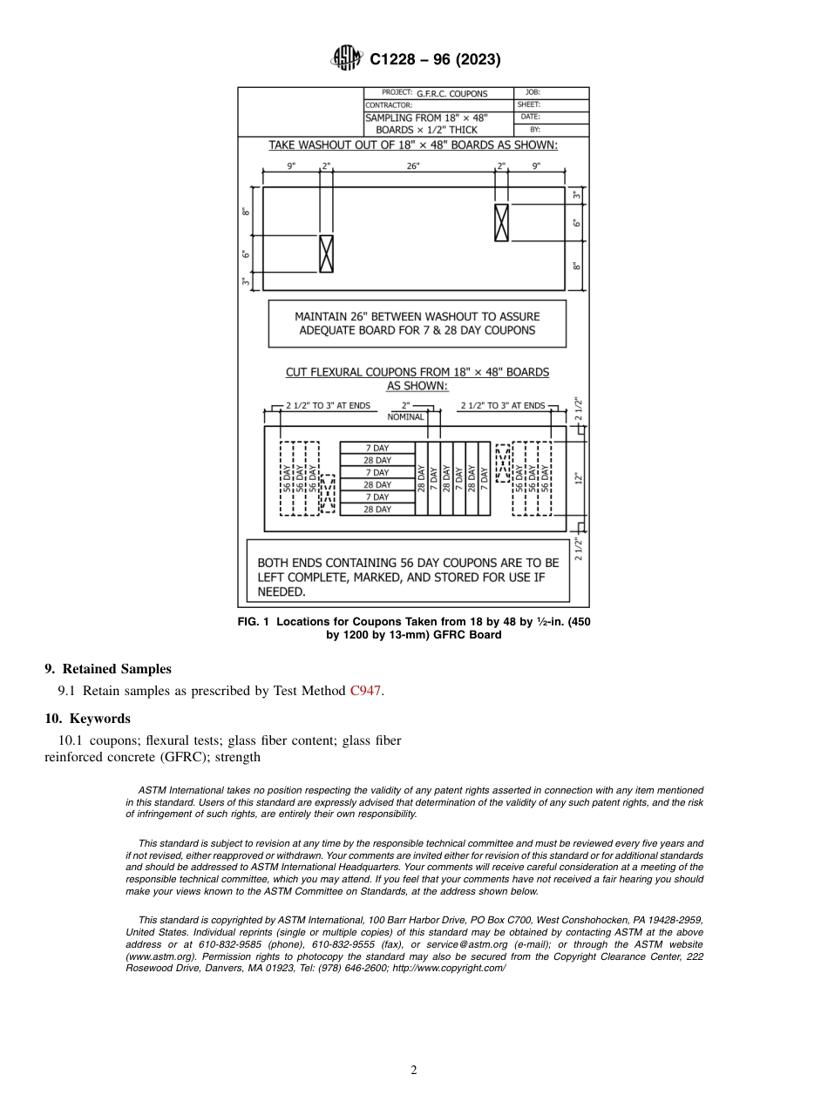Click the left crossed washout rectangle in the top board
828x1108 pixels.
click(326, 253)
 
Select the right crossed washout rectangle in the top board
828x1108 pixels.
click(501, 223)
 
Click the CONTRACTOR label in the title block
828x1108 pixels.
click(389, 105)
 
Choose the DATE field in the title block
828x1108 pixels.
click(531, 117)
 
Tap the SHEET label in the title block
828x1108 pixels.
click(529, 105)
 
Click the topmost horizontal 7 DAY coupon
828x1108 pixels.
click(377, 448)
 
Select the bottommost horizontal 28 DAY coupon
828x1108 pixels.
click(377, 510)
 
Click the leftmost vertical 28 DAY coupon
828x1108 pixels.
click(421, 478)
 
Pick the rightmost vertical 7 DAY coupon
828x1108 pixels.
click(485, 478)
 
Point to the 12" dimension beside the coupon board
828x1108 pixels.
click(577, 478)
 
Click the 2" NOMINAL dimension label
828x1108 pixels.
click(405, 411)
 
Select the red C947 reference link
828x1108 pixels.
click(365, 692)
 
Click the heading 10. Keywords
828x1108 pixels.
click(87, 719)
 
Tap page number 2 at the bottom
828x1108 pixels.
click(414, 1071)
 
